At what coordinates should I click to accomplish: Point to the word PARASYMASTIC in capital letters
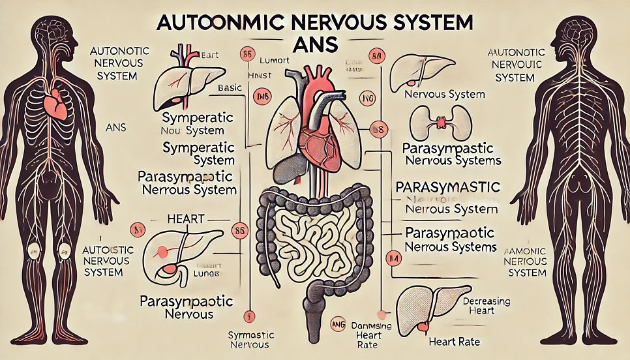[x=449, y=187]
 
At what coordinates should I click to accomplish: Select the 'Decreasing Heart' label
[x=487, y=306]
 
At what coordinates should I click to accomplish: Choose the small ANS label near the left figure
[x=115, y=128]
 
